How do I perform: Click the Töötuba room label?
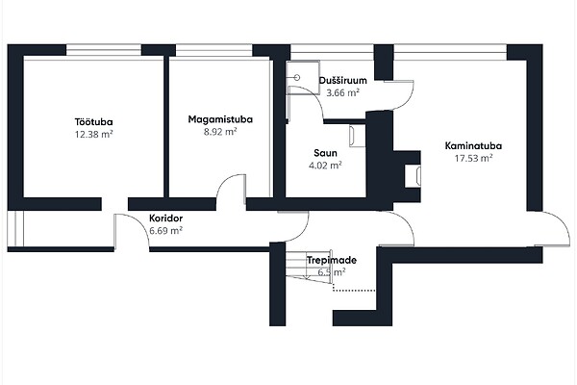coord(94,122)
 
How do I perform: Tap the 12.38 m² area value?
coord(94,134)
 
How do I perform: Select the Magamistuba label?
coord(220,119)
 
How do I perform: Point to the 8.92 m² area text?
coord(220,132)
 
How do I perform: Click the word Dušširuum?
coord(343,80)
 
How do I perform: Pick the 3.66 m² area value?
coord(343,92)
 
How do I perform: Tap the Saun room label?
coord(325,153)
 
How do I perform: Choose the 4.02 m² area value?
coord(325,166)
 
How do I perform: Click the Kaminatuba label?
coord(473,146)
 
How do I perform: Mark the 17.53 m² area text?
coord(473,158)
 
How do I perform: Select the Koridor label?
coord(166,218)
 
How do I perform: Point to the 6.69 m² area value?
coord(166,231)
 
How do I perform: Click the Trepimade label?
coord(332,260)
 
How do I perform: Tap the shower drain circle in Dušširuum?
coord(297,77)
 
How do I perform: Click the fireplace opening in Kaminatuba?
coord(413,176)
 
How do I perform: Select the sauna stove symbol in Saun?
coord(357,136)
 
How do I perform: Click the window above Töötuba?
coord(104,50)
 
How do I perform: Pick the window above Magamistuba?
coord(213,50)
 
